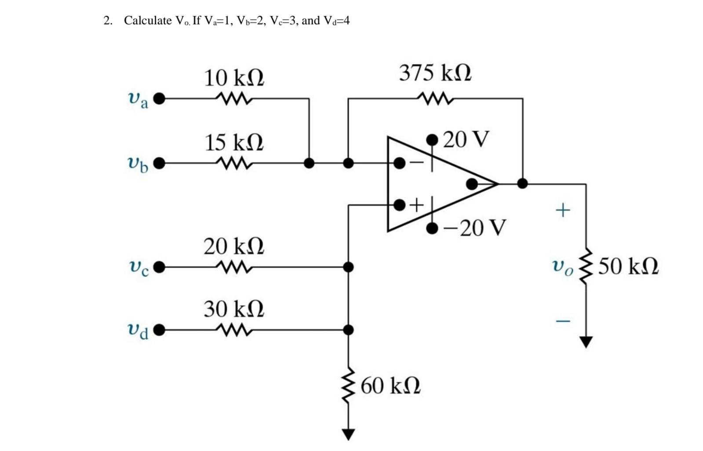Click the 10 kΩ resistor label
tap(234, 78)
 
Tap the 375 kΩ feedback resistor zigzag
tap(435, 98)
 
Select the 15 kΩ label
tap(234, 143)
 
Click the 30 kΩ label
tap(234, 309)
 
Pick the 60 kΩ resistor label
tap(390, 386)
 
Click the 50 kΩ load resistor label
tap(628, 266)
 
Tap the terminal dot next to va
tap(159, 98)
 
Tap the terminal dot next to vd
tap(159, 330)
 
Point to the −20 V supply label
tap(475, 228)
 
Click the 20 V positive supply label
tap(466, 139)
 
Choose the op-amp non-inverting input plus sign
tap(417, 204)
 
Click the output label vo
tap(563, 266)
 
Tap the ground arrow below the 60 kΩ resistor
tap(348, 434)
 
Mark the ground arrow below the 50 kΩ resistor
tap(586, 342)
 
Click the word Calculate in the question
tap(148, 21)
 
